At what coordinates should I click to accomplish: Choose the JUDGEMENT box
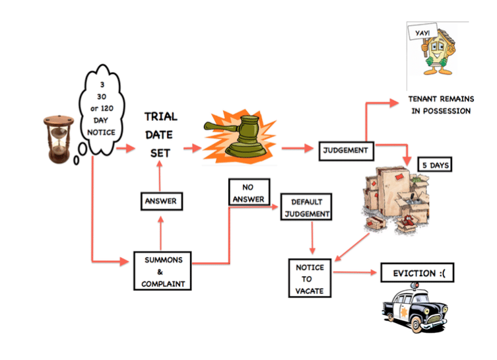(x=345, y=149)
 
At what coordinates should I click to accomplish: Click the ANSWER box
(x=161, y=201)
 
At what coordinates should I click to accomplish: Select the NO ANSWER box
(x=248, y=193)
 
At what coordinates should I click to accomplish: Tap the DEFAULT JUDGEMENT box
(x=306, y=207)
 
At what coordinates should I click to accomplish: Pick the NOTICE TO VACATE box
(x=310, y=277)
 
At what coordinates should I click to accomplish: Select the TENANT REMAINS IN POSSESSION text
(x=440, y=106)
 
